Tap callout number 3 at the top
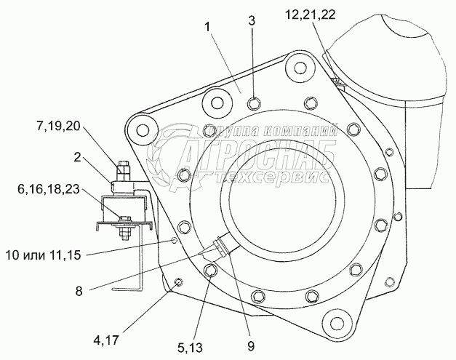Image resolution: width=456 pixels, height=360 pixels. (x=251, y=20)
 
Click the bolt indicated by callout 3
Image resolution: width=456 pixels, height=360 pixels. (x=252, y=102)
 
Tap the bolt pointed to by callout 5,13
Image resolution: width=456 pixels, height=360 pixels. (x=211, y=272)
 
